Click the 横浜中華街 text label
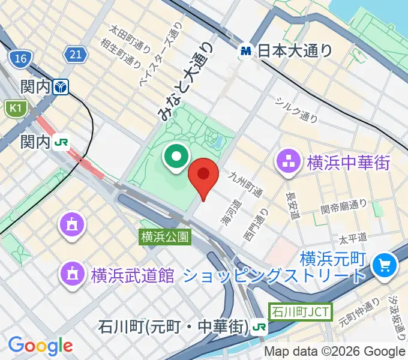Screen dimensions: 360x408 coord(349,162)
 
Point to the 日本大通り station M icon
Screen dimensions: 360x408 coord(246,51)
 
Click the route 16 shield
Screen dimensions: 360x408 coord(20,58)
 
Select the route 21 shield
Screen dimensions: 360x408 coord(75,55)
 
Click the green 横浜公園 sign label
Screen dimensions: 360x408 coord(165,238)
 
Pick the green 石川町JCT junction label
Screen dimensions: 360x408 coord(300,312)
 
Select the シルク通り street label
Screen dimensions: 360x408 coord(296,110)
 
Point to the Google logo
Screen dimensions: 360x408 coord(40,345)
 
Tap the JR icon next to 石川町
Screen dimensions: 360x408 coord(260,327)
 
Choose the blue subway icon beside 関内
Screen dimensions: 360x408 coord(61,88)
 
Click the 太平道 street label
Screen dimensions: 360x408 coord(352,239)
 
